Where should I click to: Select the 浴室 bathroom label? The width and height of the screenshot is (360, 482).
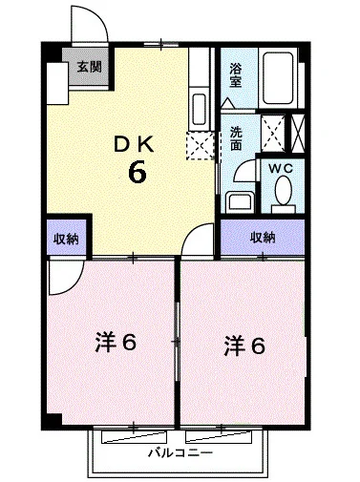[235, 75]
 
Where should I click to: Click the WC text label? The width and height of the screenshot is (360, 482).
[281, 168]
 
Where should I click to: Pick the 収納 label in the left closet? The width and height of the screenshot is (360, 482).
[65, 238]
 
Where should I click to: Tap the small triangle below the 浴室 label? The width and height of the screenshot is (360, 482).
[228, 99]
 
